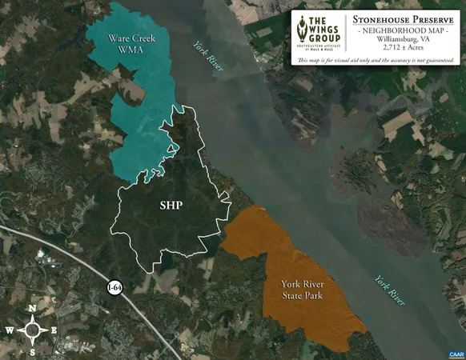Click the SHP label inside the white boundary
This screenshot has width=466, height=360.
click(171, 206)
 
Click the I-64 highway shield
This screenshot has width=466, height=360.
click(116, 288)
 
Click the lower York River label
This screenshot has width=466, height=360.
click(389, 290)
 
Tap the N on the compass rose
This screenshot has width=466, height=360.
click(32, 309)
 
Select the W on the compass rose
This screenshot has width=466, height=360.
click(9, 330)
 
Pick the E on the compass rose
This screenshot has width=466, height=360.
click(54, 330)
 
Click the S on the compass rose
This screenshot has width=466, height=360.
click(32, 351)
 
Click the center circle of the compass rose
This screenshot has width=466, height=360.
click(32, 330)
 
